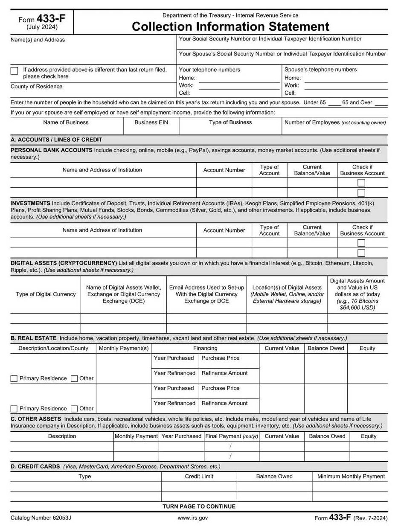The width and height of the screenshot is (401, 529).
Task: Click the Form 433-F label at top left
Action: click(x=42, y=19)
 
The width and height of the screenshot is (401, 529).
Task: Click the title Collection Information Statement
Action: click(x=230, y=26)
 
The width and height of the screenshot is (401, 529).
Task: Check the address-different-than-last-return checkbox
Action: click(x=15, y=71)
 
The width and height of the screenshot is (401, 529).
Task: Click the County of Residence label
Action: click(x=36, y=87)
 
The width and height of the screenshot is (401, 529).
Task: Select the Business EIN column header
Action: click(x=151, y=122)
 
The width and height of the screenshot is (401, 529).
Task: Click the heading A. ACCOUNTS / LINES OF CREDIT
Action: click(x=56, y=140)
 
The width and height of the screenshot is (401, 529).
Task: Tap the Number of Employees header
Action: click(x=335, y=122)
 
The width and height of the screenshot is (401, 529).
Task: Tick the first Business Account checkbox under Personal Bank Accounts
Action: click(x=361, y=183)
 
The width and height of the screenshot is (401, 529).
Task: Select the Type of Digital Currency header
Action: click(x=46, y=294)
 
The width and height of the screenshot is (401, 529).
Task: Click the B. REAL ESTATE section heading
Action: click(x=34, y=338)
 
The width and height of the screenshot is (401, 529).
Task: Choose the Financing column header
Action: click(x=205, y=349)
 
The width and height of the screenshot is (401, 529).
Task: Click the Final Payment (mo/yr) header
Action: click(x=232, y=436)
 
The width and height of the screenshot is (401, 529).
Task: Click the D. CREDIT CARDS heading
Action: click(x=35, y=467)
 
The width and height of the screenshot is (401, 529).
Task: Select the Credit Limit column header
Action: click(x=199, y=477)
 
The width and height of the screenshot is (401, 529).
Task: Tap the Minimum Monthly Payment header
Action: click(x=351, y=477)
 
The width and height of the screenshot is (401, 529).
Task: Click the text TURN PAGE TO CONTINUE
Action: click(x=199, y=507)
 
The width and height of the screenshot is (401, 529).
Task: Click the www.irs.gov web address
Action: click(x=193, y=518)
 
